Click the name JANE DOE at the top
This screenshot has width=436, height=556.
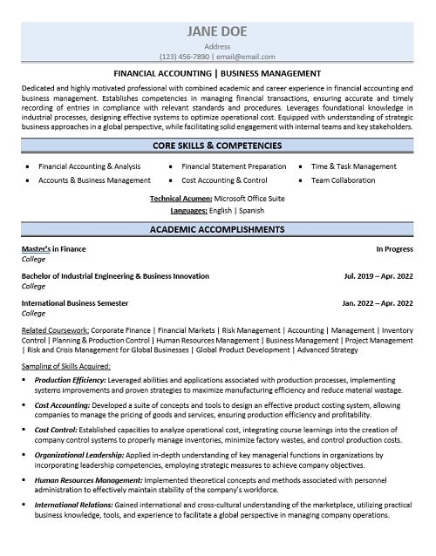click(x=217, y=31)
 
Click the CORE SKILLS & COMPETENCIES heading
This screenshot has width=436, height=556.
click(x=217, y=146)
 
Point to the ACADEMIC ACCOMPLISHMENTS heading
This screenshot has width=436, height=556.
click(x=217, y=230)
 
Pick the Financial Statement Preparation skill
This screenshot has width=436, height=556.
click(x=234, y=166)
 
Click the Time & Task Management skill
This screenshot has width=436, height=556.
click(x=353, y=166)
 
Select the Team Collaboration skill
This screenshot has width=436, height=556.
click(x=344, y=180)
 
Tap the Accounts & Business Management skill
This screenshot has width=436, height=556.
click(x=94, y=180)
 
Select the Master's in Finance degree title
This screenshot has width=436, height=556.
click(x=53, y=248)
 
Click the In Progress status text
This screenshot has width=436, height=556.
click(x=395, y=248)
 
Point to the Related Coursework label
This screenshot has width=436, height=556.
click(x=51, y=330)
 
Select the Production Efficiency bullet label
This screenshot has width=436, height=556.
click(x=71, y=381)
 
